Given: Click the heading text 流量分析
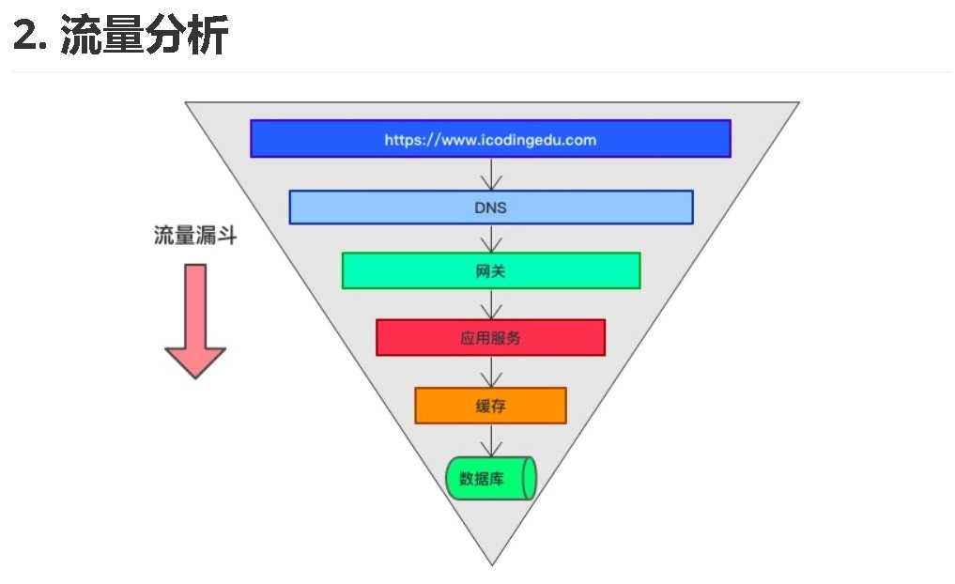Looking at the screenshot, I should [x=145, y=37].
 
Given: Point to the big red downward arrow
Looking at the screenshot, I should [x=195, y=319].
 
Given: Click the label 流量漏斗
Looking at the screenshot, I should [x=195, y=236].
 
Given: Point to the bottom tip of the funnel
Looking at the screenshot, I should [x=492, y=563].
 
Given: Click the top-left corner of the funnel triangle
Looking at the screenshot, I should [x=187, y=103].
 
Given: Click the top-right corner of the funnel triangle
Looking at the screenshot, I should [x=797, y=103].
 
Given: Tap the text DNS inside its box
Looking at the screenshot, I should [x=490, y=207].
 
